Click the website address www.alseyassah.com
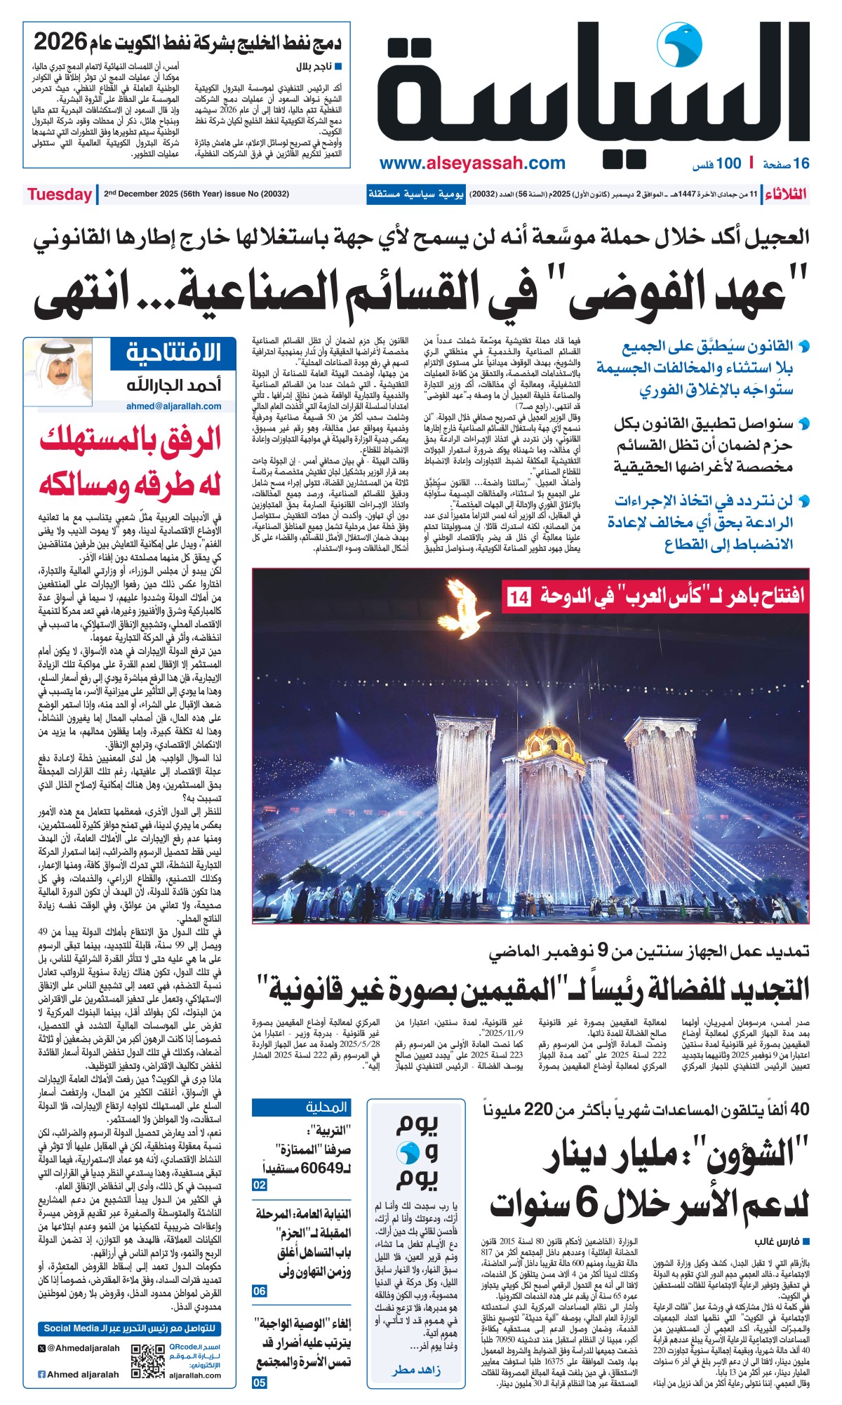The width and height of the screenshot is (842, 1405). click(x=472, y=164)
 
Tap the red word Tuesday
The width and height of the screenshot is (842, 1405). click(x=60, y=194)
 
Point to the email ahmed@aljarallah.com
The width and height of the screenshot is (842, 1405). click(x=173, y=406)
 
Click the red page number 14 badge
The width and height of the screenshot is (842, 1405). click(x=519, y=597)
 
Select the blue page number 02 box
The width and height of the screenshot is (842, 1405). click(x=260, y=1185)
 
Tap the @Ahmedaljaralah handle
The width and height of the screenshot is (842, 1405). click(x=79, y=1347)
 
